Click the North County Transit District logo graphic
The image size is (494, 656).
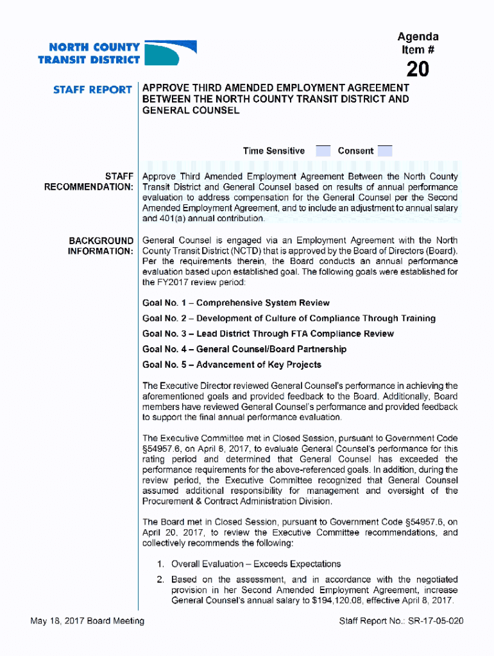click(x=170, y=53)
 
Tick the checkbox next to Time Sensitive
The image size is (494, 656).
click(x=323, y=151)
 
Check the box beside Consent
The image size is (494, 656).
click(x=385, y=151)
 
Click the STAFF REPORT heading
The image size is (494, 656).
click(x=93, y=90)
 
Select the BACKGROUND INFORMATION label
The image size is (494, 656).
click(x=101, y=245)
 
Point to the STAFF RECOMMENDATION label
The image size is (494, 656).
click(x=89, y=181)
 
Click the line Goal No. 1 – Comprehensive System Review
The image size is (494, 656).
click(x=235, y=303)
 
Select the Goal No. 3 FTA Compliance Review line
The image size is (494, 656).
click(x=268, y=334)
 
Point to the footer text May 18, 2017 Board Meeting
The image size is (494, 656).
click(x=87, y=621)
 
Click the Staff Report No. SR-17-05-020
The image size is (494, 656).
click(x=401, y=621)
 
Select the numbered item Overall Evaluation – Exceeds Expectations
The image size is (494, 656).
click(x=255, y=564)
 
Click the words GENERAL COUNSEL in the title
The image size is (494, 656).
click(x=191, y=110)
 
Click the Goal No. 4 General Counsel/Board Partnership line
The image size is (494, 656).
click(x=244, y=349)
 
